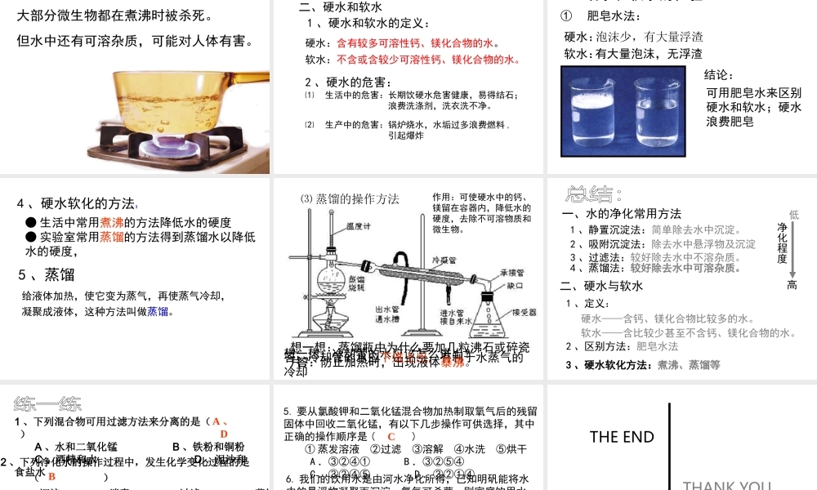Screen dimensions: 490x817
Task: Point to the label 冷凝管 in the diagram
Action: pyautogui.click(x=443, y=259)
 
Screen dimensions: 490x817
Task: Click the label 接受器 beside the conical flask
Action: pyautogui.click(x=524, y=312)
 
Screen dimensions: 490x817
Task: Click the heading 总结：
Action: pyautogui.click(x=594, y=194)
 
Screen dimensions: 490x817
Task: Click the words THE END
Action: pyautogui.click(x=622, y=437)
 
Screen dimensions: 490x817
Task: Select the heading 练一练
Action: pyautogui.click(x=48, y=403)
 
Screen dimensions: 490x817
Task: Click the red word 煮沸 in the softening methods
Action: pyautogui.click(x=112, y=222)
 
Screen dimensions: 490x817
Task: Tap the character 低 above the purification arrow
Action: pyautogui.click(x=793, y=214)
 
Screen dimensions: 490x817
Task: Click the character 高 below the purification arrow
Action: pyautogui.click(x=792, y=284)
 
